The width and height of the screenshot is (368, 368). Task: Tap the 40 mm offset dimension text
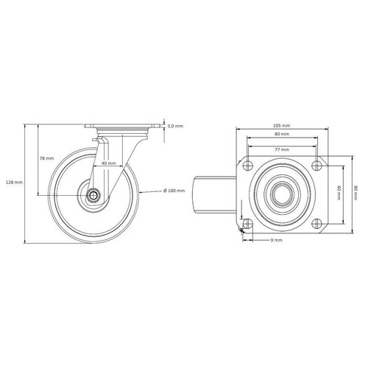click(x=108, y=163)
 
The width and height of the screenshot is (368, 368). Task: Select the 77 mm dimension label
click(x=281, y=149)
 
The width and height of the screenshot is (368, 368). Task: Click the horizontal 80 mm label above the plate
click(x=281, y=135)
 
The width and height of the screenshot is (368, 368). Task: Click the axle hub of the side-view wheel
click(x=96, y=195)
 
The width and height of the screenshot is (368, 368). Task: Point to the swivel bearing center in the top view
click(x=281, y=194)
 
